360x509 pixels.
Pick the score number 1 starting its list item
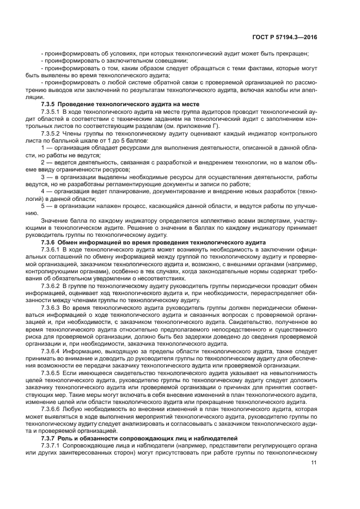(x=43, y=148)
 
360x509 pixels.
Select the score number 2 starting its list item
(x=43, y=162)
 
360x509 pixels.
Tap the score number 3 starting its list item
(x=43, y=177)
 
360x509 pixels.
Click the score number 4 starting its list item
(x=43, y=192)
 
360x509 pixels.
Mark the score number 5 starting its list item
(x=43, y=206)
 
